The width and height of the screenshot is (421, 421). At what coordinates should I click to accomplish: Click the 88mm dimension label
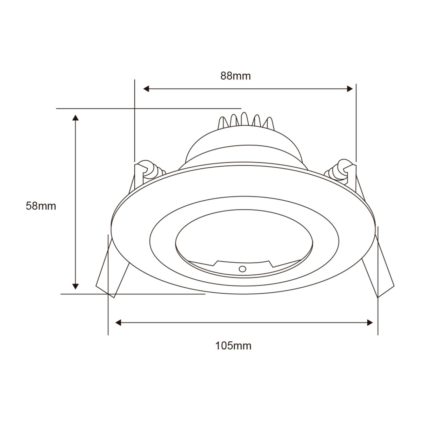click(235, 76)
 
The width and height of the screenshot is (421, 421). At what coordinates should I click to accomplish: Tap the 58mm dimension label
click(41, 206)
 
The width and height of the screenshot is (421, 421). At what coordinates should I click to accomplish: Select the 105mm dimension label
click(233, 346)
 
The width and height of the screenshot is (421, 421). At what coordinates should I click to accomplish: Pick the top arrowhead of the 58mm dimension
click(75, 117)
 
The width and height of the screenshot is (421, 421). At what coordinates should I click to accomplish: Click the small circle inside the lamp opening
click(242, 269)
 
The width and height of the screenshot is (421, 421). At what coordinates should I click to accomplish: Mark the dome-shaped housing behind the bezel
click(242, 147)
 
